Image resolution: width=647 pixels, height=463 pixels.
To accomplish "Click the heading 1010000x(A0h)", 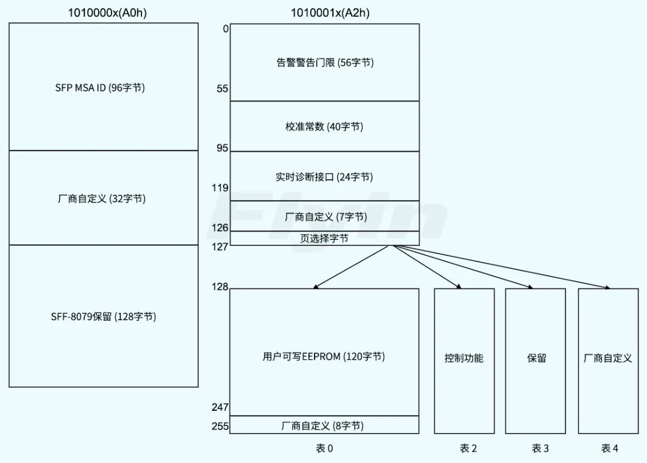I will (103, 12).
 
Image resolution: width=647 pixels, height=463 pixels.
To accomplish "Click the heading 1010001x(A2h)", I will (324, 12).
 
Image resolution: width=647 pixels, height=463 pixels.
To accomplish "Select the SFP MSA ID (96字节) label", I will (100, 88).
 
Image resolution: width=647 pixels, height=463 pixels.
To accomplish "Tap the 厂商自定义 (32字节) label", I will (100, 199).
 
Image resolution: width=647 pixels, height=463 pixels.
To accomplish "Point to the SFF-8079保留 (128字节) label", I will (103, 317).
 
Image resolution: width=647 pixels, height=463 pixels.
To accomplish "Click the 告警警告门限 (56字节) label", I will (325, 62).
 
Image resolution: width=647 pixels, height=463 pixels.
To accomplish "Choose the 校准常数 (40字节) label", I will (324, 127).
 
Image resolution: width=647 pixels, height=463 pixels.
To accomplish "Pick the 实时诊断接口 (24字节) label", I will (324, 177).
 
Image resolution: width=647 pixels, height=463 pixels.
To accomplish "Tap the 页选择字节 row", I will (324, 238).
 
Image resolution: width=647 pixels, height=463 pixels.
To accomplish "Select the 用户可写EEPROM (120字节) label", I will (323, 357).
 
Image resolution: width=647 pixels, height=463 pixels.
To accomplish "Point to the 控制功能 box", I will (464, 359).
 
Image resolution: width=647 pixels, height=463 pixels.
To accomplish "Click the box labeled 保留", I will (536, 359).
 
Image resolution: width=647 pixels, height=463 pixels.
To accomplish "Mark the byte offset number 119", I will (220, 188).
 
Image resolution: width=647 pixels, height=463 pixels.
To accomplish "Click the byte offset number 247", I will (220, 408).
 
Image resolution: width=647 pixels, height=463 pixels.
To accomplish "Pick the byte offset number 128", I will (220, 287).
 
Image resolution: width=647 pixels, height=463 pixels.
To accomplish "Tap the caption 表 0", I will (324, 449).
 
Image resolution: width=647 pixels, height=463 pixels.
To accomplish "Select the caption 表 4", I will (609, 449).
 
